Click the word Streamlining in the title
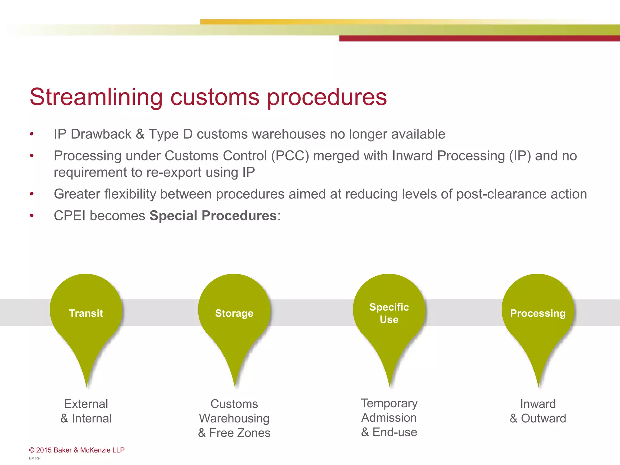96,97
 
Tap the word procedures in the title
327,97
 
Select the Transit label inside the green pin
86,313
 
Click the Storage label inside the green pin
234,313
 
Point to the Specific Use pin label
389,313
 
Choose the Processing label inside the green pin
538,313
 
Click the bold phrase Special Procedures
213,216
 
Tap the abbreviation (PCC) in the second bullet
290,156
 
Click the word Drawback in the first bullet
101,134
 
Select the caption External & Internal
86,411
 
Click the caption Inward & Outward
538,411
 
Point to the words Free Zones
240,433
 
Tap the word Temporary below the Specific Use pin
389,403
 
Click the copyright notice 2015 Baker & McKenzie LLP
77,450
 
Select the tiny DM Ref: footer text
35,458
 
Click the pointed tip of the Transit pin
87,386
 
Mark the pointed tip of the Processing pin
539,386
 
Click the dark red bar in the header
478,38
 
